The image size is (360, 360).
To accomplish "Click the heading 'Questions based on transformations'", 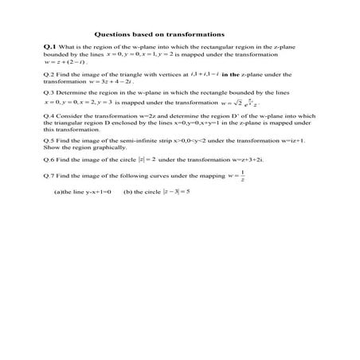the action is click(159, 34).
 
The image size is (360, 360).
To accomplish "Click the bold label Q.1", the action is click(49, 49).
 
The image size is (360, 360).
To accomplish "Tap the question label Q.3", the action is click(49, 93).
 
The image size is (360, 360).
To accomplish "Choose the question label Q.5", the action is click(49, 139).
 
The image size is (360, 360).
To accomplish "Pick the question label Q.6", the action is click(49, 158).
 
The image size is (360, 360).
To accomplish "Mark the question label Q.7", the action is click(49, 175).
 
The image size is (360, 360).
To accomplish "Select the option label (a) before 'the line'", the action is click(57, 192).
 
